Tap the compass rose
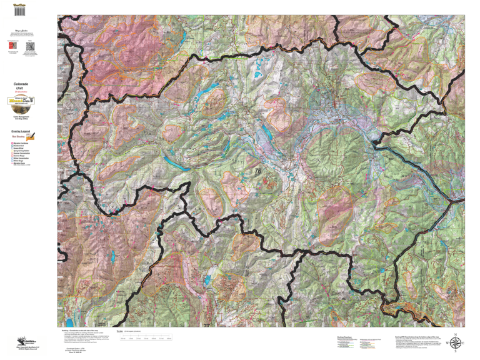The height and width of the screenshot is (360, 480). coord(456,342)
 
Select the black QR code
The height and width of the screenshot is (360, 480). coord(30,46)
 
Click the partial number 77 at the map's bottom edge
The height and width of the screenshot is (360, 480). coord(206,326)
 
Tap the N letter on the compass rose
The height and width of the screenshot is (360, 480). coord(456,334)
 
